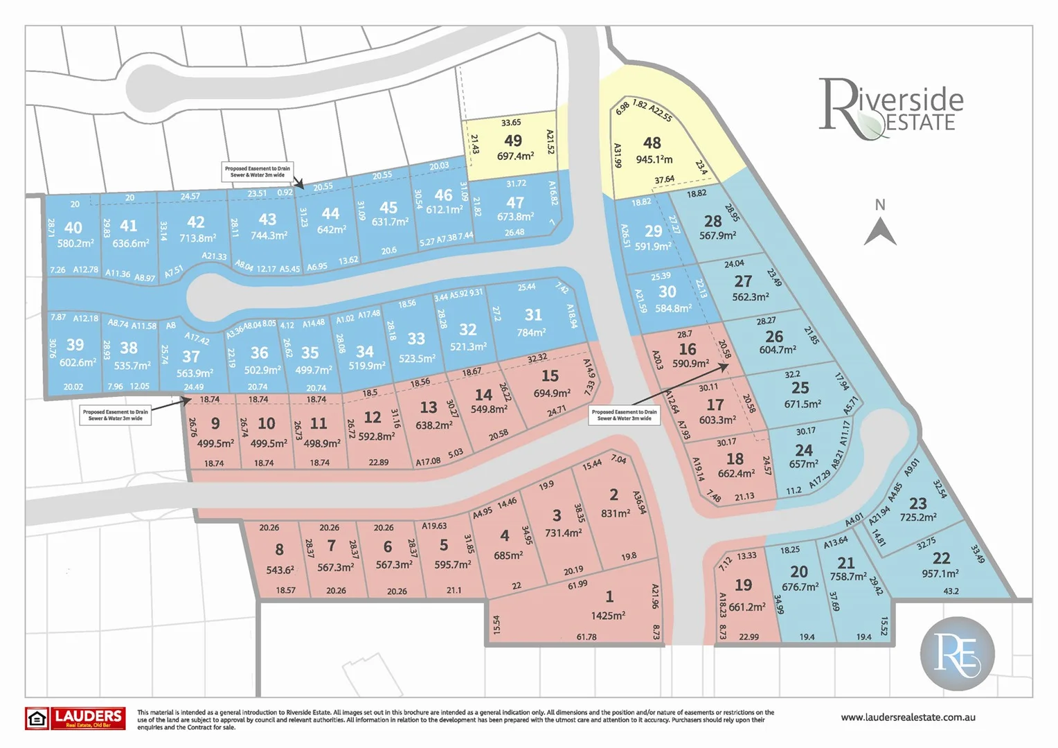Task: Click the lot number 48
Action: (x=652, y=143)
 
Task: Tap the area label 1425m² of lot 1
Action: (x=608, y=615)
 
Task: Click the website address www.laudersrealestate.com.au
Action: (x=908, y=718)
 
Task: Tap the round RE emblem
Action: (x=957, y=653)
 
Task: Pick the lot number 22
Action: (x=941, y=558)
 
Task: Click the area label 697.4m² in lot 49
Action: (x=515, y=157)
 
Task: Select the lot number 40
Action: (x=73, y=228)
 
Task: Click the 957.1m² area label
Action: (x=940, y=573)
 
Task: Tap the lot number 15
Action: (x=550, y=375)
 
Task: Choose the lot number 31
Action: (x=533, y=314)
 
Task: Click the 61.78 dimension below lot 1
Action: (x=586, y=636)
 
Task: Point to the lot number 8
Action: (x=279, y=549)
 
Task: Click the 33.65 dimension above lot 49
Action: (x=511, y=123)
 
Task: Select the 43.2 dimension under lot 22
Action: (x=951, y=591)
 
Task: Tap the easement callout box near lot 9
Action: (x=115, y=415)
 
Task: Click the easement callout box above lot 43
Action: (x=258, y=171)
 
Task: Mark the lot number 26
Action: (x=774, y=336)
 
